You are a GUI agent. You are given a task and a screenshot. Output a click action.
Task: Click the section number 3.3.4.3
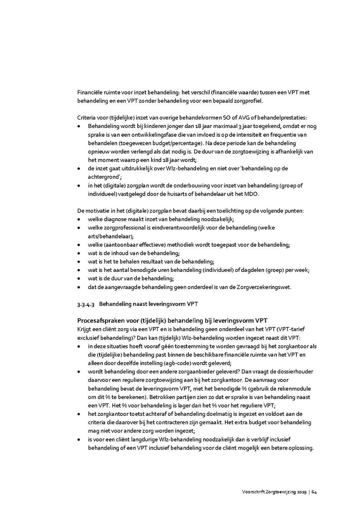click(x=86, y=304)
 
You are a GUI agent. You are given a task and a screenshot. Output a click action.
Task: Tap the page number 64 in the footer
click(x=314, y=492)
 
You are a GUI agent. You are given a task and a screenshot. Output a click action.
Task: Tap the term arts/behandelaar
click(x=110, y=236)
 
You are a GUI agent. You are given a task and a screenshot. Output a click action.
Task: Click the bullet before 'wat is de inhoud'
click(x=79, y=253)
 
